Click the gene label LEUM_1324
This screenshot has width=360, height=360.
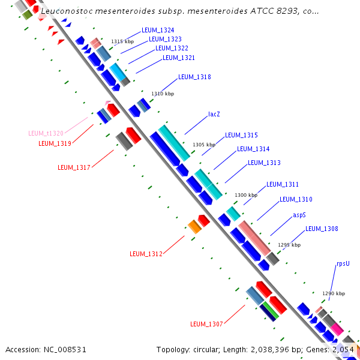(x=158, y=30)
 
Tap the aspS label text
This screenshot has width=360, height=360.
(x=299, y=214)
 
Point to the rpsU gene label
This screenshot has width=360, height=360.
(x=343, y=263)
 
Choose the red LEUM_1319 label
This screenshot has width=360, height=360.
(x=55, y=143)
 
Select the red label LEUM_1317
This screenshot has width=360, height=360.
(x=74, y=167)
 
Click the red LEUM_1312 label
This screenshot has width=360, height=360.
(x=146, y=254)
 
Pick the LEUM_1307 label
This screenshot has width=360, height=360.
(x=206, y=324)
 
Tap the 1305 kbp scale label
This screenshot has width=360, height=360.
(x=203, y=145)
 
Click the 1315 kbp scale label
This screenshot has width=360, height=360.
(x=122, y=41)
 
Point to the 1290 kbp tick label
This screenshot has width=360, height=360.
(x=334, y=293)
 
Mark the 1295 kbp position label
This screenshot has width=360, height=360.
(x=289, y=245)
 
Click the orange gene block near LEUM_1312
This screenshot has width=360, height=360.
(x=194, y=226)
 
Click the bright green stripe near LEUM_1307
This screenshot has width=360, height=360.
(x=271, y=310)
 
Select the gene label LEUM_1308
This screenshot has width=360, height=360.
(x=322, y=229)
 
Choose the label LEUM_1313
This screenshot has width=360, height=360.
(x=264, y=163)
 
